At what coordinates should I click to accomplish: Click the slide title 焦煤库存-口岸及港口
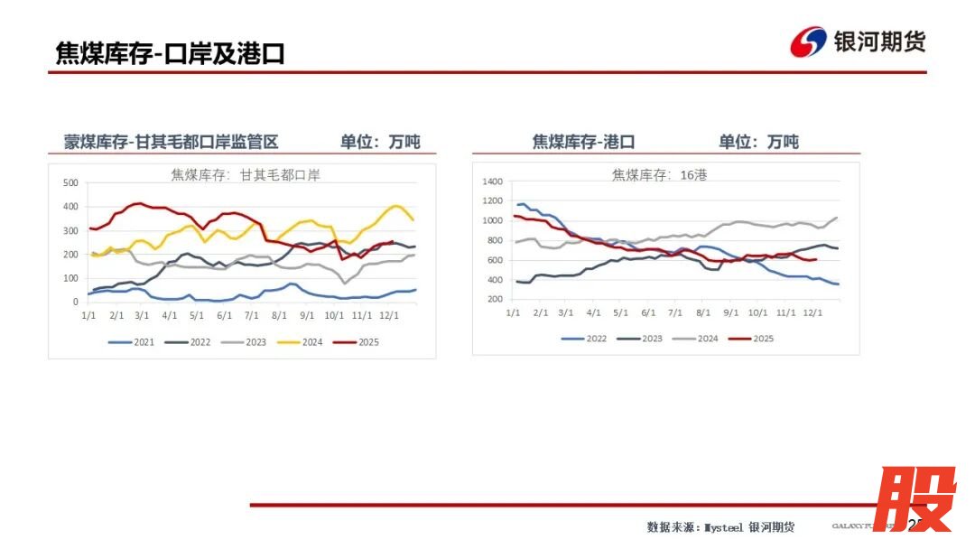point(170,53)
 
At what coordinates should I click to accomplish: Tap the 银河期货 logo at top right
point(858,42)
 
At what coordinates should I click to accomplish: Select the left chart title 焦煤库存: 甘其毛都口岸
point(246,174)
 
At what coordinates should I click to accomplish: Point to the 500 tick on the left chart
point(70,182)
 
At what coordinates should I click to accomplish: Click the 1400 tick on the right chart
point(491,181)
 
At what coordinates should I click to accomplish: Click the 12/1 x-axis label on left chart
point(389,315)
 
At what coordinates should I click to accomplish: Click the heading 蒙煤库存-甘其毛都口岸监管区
point(171,142)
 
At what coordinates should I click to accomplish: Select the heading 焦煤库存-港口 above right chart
point(583,142)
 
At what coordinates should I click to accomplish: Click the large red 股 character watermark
point(915,499)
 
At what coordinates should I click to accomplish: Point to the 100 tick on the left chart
point(70,278)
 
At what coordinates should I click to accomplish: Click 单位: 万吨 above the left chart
point(379,142)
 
